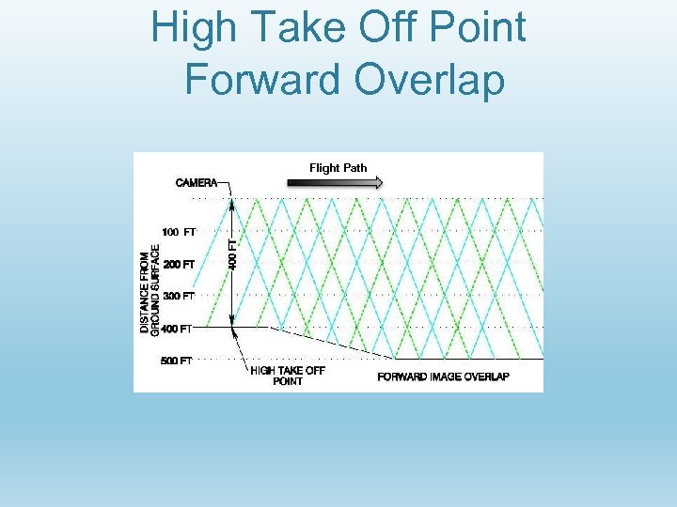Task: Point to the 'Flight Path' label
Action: point(338,168)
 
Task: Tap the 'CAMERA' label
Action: point(196,182)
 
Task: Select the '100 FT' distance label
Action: point(179,231)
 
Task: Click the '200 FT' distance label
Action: point(179,264)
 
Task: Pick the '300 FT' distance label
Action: point(179,296)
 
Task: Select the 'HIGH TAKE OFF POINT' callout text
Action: point(288,376)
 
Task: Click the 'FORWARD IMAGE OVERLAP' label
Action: point(443,376)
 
